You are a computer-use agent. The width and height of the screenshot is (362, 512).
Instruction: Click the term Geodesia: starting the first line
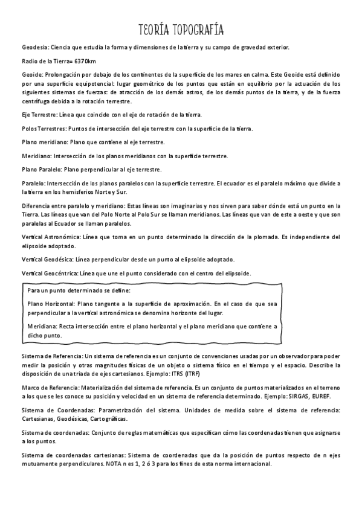click(x=34, y=46)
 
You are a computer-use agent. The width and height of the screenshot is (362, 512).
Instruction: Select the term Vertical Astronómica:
click(x=50, y=237)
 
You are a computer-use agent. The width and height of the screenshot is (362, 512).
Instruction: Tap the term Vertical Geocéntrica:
click(x=49, y=274)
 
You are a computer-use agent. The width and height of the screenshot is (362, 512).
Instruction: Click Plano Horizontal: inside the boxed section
click(x=51, y=304)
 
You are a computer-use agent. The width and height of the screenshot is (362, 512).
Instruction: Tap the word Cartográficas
click(x=109, y=418)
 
